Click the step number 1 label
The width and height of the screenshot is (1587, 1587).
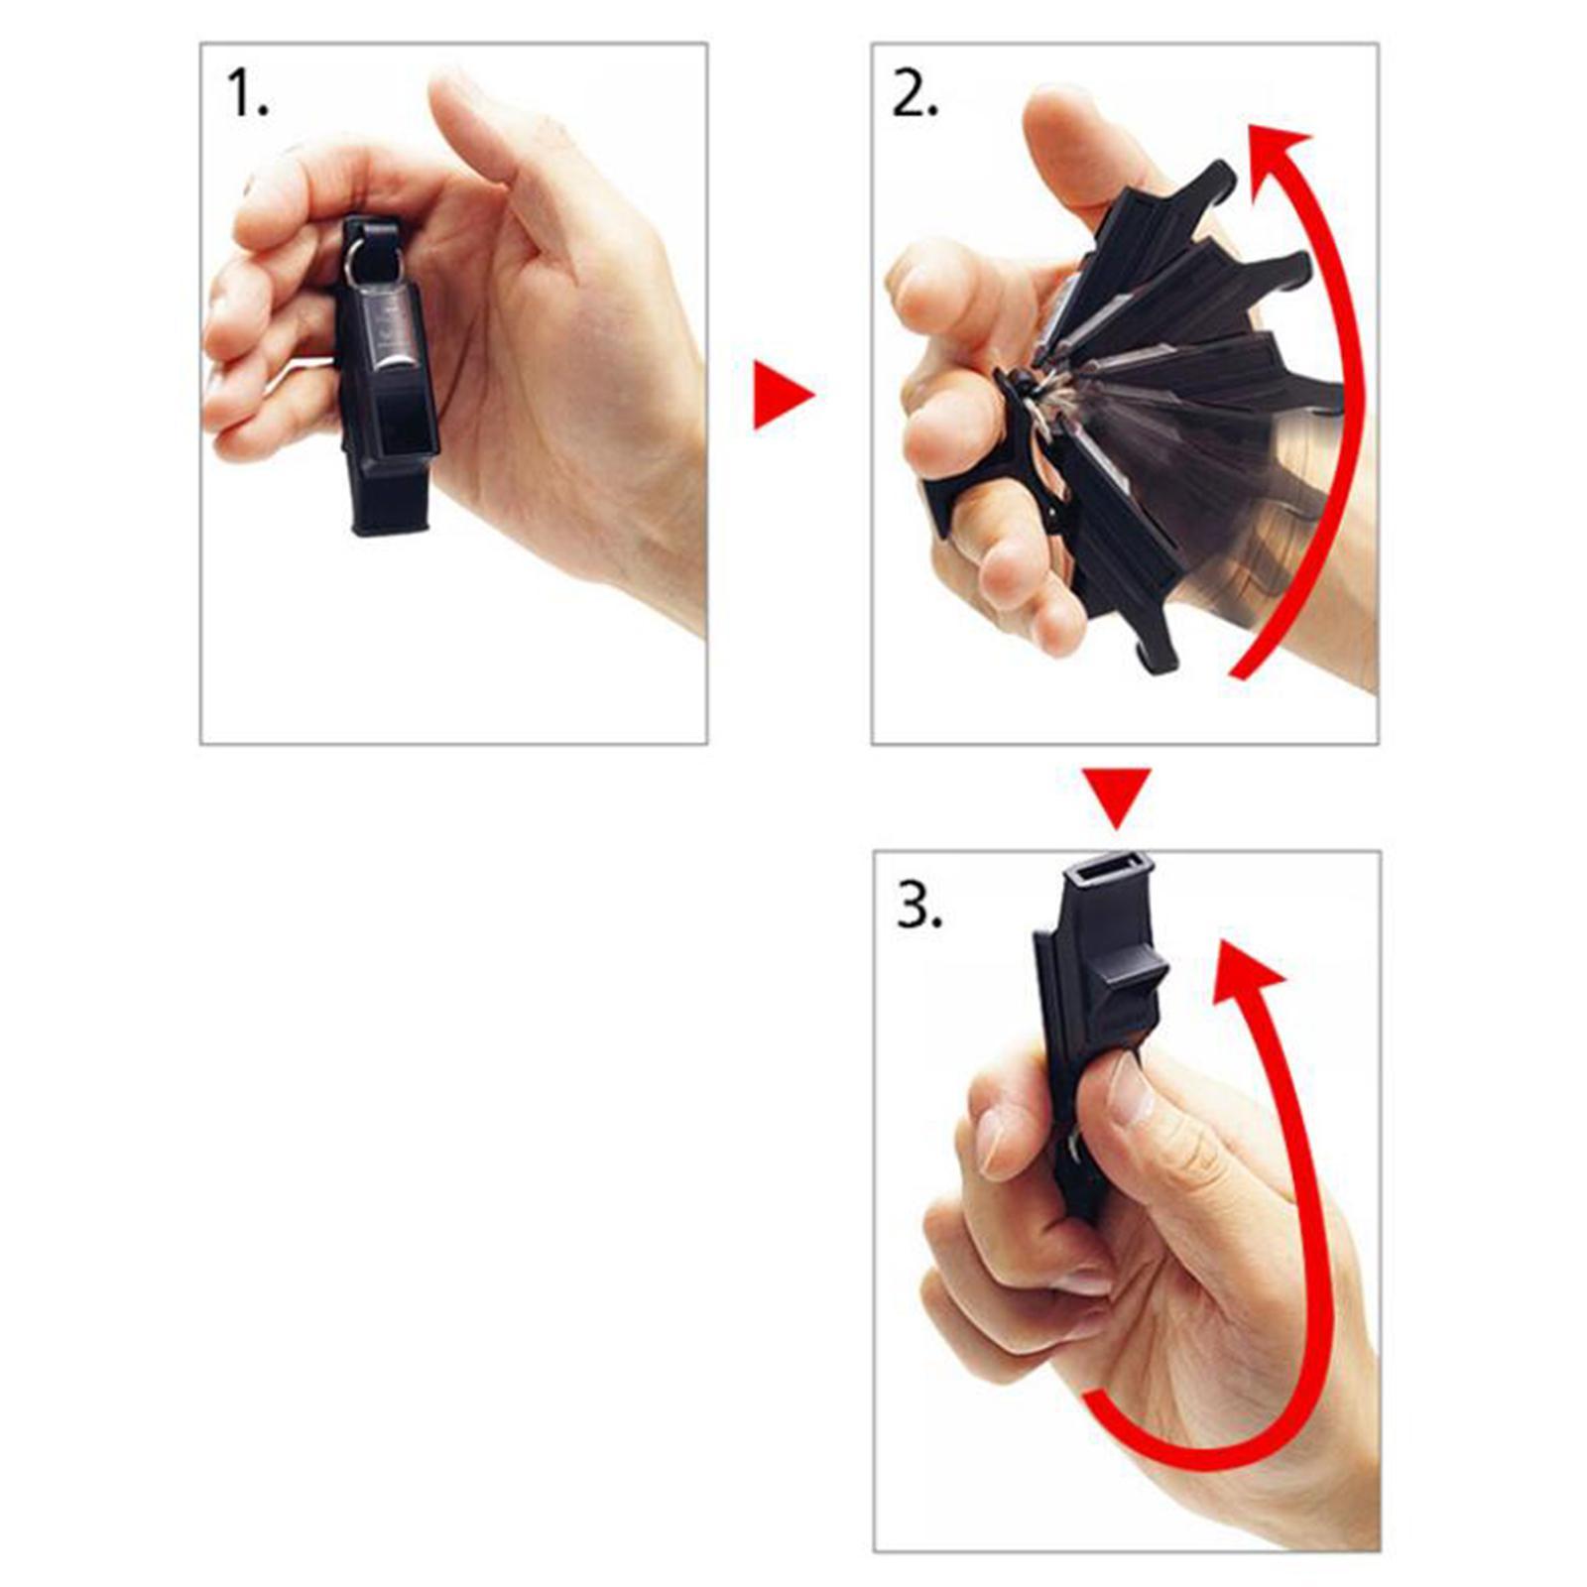coord(248,94)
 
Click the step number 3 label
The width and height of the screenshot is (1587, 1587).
coord(919,905)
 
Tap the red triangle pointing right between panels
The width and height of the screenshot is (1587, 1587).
coord(783,395)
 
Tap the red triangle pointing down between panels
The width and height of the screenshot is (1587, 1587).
coord(1117,796)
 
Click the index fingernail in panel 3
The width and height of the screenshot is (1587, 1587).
coord(992,1141)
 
